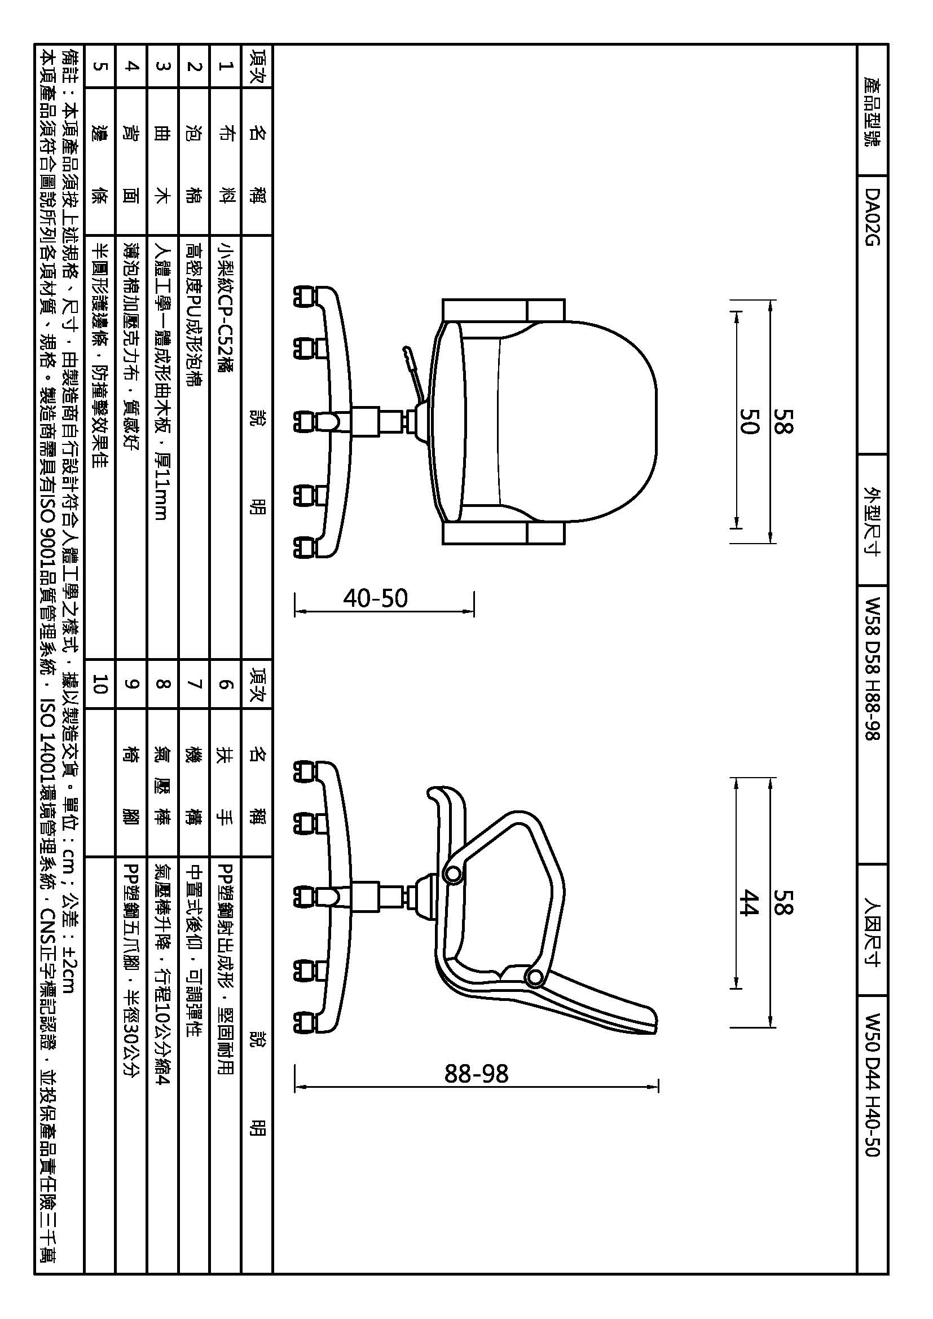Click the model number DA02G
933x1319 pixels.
[x=872, y=217]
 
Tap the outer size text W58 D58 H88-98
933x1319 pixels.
[x=872, y=669]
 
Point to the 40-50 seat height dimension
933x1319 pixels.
[x=376, y=599]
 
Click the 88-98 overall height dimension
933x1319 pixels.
[x=477, y=1074]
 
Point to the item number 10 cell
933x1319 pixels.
[x=100, y=684]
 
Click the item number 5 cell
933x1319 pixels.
[x=100, y=66]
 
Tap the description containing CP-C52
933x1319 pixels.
[x=226, y=307]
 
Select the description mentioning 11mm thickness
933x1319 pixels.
[x=162, y=381]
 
